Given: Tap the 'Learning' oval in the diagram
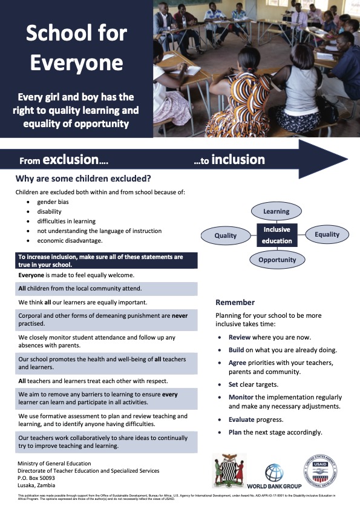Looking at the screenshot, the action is click(276, 212).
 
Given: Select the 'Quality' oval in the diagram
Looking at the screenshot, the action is click(225, 235).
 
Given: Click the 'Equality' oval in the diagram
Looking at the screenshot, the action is click(327, 234).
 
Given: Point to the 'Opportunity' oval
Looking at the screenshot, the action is click(277, 260).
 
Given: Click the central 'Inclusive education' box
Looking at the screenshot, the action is click(276, 235).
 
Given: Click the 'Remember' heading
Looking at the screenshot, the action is click(235, 302).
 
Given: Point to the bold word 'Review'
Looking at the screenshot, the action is click(240, 337).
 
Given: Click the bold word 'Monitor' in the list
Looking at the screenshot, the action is click(242, 397).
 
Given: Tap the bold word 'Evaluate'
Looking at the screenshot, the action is click(243, 419).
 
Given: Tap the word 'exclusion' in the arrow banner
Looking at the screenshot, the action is click(75, 160).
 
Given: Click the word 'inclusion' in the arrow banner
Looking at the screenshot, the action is click(238, 159).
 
